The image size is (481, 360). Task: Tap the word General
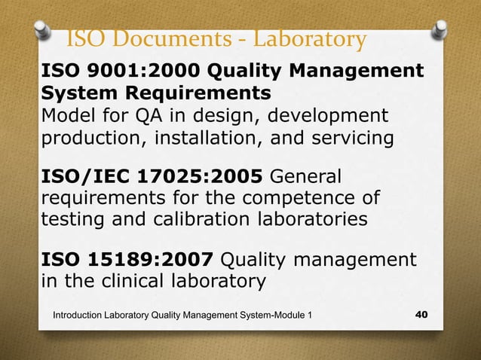tap(305, 177)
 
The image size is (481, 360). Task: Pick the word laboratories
tap(311, 219)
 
